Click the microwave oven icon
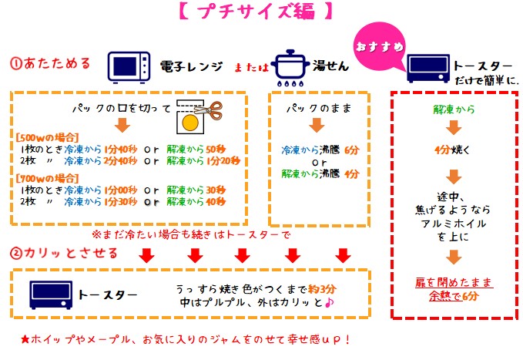point(129,67)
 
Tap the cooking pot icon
point(290,68)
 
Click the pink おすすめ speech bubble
point(380,47)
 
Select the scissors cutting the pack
point(209,110)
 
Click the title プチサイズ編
point(256,12)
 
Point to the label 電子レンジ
point(191,66)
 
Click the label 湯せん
point(330,66)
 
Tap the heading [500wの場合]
point(47,137)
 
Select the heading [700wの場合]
point(47,178)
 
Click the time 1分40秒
point(120,150)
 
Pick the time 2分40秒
point(120,161)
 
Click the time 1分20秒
point(223,161)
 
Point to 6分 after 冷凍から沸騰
point(351,150)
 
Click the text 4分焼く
point(452,150)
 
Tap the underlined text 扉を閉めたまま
point(454,282)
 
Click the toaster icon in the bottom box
point(51,295)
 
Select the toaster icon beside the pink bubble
point(428,69)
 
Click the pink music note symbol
point(329,302)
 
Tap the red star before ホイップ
point(25,340)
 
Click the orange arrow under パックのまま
point(317,125)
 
